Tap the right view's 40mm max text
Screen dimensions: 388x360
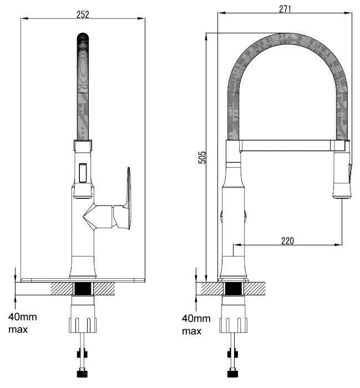(196, 325)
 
